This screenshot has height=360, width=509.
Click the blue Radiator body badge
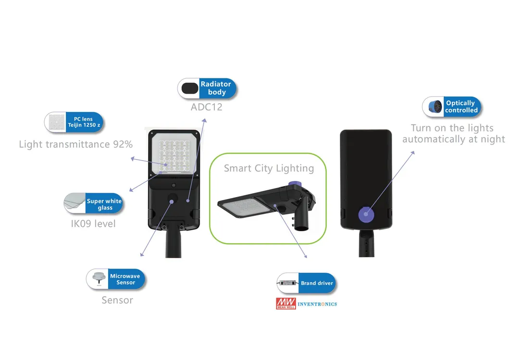(x=216, y=88)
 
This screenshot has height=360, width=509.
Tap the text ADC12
(x=207, y=107)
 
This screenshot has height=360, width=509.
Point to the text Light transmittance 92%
(x=76, y=144)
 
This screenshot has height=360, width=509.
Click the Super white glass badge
(x=104, y=204)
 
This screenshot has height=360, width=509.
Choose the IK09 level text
(x=93, y=223)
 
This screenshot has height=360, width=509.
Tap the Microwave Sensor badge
(x=125, y=279)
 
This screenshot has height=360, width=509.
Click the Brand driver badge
(x=316, y=283)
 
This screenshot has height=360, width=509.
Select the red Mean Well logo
(x=286, y=304)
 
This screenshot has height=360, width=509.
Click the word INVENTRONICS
(x=317, y=304)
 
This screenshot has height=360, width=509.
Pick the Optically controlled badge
(x=460, y=107)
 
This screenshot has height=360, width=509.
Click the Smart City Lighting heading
(x=269, y=168)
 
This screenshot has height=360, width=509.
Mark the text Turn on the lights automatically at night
(x=453, y=134)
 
